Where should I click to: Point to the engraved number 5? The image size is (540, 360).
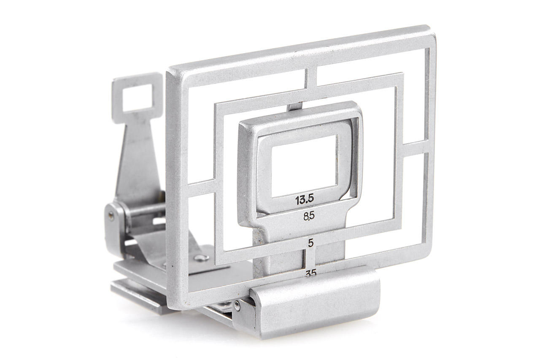(x=311, y=243)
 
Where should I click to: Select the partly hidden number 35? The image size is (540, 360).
(x=311, y=273)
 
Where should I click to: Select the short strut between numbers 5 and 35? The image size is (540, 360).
(x=311, y=258)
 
